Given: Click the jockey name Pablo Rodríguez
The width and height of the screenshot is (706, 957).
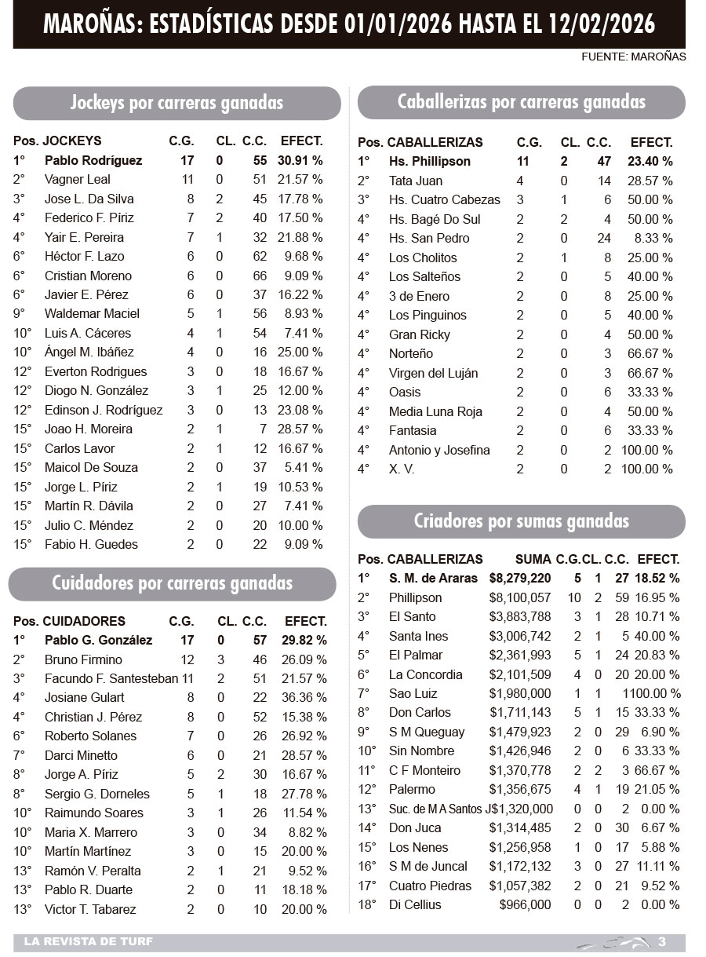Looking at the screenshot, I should pyautogui.click(x=93, y=160).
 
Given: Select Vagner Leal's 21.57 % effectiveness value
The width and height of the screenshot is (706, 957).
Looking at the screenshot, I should pyautogui.click(x=300, y=180).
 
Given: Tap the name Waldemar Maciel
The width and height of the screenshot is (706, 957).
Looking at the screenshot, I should pyautogui.click(x=92, y=313).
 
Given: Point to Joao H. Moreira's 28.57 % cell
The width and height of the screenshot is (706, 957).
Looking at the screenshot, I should pyautogui.click(x=300, y=429).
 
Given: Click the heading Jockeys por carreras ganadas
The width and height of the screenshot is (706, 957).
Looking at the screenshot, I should pyautogui.click(x=176, y=103).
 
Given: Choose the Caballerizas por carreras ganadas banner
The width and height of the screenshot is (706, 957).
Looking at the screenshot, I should pyautogui.click(x=521, y=102).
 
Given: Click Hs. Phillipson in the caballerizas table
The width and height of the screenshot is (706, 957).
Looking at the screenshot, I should pyautogui.click(x=430, y=161).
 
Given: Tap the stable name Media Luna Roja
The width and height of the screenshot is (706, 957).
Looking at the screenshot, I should pyautogui.click(x=435, y=411).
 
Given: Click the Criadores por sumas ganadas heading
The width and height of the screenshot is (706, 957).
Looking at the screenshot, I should pyautogui.click(x=521, y=521).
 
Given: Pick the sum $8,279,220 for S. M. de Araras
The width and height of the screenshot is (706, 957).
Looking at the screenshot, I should pyautogui.click(x=520, y=578).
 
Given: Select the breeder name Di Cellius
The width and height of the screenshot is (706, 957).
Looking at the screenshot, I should pyautogui.click(x=415, y=904).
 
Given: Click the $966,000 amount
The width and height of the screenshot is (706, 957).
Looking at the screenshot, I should pyautogui.click(x=525, y=904).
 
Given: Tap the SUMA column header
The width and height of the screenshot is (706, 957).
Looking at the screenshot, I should pyautogui.click(x=533, y=559).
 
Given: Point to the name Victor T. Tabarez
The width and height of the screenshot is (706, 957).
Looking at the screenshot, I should pyautogui.click(x=90, y=909).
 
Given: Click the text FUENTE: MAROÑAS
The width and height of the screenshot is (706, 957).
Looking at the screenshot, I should pyautogui.click(x=634, y=57).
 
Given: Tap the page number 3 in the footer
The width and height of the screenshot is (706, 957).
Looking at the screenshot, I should pyautogui.click(x=662, y=941).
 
